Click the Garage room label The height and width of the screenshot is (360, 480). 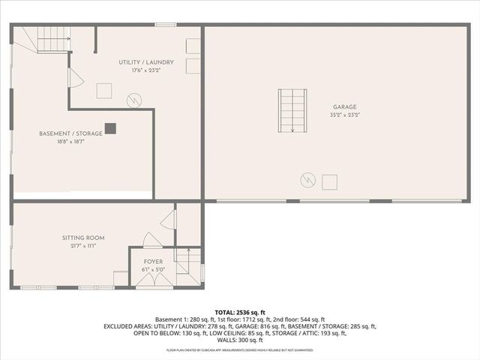(x=345, y=107)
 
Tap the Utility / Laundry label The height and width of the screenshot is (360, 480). (x=146, y=61)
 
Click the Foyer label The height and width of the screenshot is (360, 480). (x=153, y=262)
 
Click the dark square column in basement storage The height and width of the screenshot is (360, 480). (x=110, y=128)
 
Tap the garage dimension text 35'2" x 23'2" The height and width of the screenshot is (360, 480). (x=345, y=115)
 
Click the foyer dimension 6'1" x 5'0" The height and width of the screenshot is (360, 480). (x=153, y=269)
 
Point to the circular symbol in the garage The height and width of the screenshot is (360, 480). (x=307, y=180)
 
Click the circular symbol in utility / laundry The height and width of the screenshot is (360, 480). (x=133, y=99)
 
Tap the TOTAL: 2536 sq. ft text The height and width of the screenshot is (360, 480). (x=240, y=312)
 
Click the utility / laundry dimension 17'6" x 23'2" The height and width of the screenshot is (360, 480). (x=146, y=70)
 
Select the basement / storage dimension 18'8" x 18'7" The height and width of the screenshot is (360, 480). (x=61, y=142)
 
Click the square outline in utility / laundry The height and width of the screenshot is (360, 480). (x=104, y=91)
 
